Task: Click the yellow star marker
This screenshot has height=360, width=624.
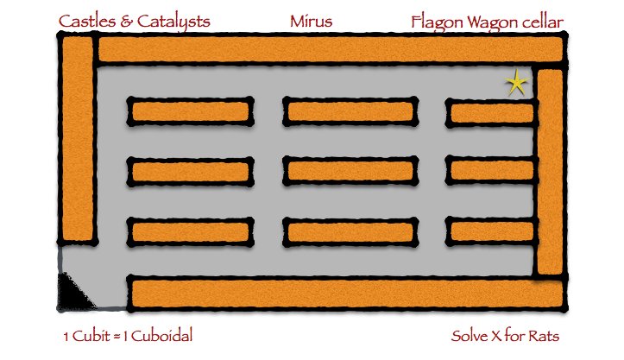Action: [x=517, y=83]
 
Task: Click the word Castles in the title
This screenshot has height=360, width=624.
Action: [x=87, y=21]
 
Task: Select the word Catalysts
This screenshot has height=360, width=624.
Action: [x=173, y=22]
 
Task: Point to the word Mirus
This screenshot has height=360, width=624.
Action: [x=311, y=21]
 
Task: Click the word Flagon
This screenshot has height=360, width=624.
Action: [x=437, y=22]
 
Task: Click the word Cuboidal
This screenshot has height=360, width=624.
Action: [x=161, y=336]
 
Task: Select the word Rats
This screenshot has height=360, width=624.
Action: [x=544, y=336]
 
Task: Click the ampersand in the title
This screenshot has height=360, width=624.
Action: [x=126, y=22]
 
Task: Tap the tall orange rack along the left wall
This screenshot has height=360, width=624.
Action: [x=78, y=139]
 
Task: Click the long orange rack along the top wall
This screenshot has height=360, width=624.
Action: [x=331, y=49]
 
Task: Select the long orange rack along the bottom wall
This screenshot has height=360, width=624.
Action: [x=347, y=294]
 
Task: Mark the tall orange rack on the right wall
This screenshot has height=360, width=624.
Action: [x=550, y=172]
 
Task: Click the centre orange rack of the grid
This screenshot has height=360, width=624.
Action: [x=350, y=171]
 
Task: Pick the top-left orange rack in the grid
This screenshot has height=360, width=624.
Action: [x=190, y=111]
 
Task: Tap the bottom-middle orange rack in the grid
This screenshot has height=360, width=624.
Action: [x=350, y=231]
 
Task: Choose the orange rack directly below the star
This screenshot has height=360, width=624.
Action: [x=492, y=113]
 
